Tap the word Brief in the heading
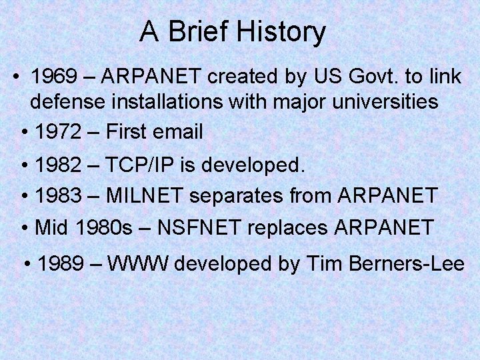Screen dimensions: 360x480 (x=193, y=32)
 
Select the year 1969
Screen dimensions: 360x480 (x=54, y=77)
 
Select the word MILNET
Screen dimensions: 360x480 (x=147, y=196)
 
